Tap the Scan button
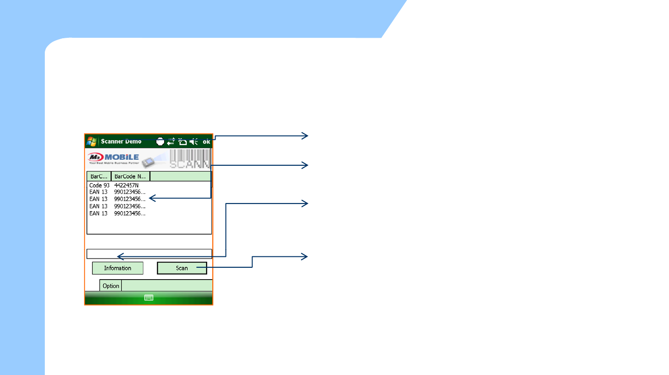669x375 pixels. pyautogui.click(x=182, y=268)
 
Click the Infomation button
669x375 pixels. pyautogui.click(x=117, y=268)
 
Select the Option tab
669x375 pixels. pyautogui.click(x=111, y=286)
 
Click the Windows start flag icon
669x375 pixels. pyautogui.click(x=92, y=141)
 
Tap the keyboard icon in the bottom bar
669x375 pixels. pyautogui.click(x=149, y=298)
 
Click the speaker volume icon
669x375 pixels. pyautogui.click(x=194, y=141)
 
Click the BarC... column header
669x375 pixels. pyautogui.click(x=99, y=177)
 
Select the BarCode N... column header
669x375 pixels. pyautogui.click(x=130, y=177)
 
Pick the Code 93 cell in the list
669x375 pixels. pyautogui.click(x=99, y=186)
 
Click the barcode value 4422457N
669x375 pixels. pyautogui.click(x=126, y=186)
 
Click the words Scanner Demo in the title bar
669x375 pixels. pyautogui.click(x=121, y=141)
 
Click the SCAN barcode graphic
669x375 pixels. pyautogui.click(x=190, y=160)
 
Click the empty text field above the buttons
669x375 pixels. pyautogui.click(x=149, y=254)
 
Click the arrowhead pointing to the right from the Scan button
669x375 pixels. pyautogui.click(x=305, y=256)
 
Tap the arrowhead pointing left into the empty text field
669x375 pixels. pyautogui.click(x=120, y=256)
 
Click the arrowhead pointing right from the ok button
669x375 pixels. pyautogui.click(x=305, y=136)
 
